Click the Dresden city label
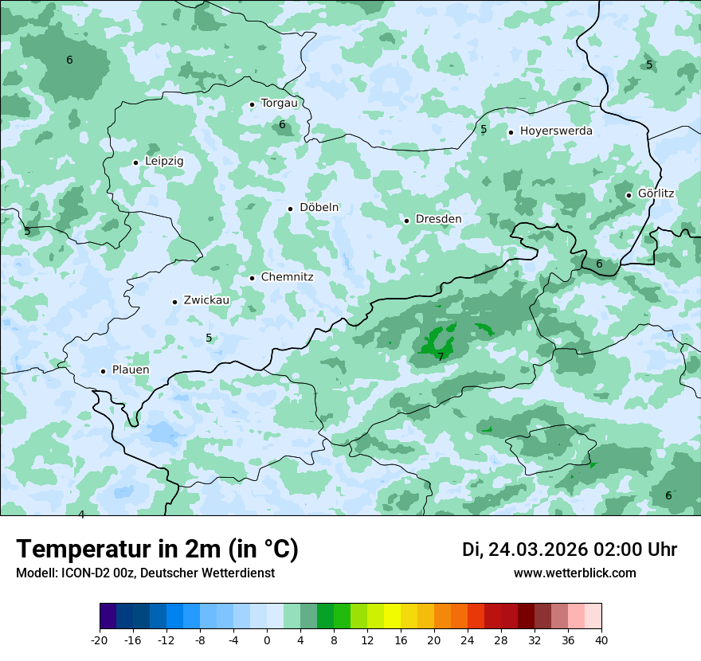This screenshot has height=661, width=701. click(438, 219)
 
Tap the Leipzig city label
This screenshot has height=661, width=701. click(164, 161)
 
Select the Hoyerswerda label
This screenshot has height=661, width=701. click(556, 131)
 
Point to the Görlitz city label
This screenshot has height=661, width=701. click(656, 194)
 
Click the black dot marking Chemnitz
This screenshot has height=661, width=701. click(253, 278)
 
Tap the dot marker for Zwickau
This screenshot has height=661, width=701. click(174, 302)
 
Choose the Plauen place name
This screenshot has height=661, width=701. click(131, 370)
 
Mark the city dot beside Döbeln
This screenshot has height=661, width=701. click(291, 209)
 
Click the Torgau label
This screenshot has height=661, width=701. click(279, 103)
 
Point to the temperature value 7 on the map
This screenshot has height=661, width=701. click(441, 357)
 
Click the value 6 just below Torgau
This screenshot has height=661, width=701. click(282, 125)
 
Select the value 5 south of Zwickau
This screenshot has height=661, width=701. click(209, 338)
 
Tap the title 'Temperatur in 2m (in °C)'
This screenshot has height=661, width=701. click(158, 550)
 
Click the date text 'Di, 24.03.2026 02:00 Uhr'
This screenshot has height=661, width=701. click(570, 550)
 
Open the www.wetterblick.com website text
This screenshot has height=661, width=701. click(574, 573)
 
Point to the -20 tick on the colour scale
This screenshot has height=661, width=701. click(100, 639)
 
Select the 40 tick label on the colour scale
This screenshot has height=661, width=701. click(601, 639)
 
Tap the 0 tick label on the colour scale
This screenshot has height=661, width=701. click(267, 639)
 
